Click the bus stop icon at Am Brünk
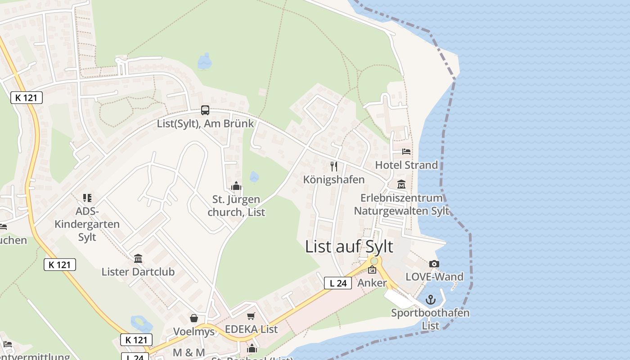205,110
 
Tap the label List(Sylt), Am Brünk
205,123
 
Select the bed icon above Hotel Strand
406,152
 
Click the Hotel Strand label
406,165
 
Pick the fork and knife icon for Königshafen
334,166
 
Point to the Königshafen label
334,180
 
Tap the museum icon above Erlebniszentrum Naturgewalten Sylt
401,184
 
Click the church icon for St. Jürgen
236,186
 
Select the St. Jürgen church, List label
236,206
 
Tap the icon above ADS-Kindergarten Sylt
87,198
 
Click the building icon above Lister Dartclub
138,258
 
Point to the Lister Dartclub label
138,272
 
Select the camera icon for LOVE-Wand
434,264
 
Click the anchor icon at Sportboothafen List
431,299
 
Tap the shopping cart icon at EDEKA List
251,316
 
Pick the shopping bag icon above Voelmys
194,318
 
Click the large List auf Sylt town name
349,247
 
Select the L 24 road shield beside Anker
338,283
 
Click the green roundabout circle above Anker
374,261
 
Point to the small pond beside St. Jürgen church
254,177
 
